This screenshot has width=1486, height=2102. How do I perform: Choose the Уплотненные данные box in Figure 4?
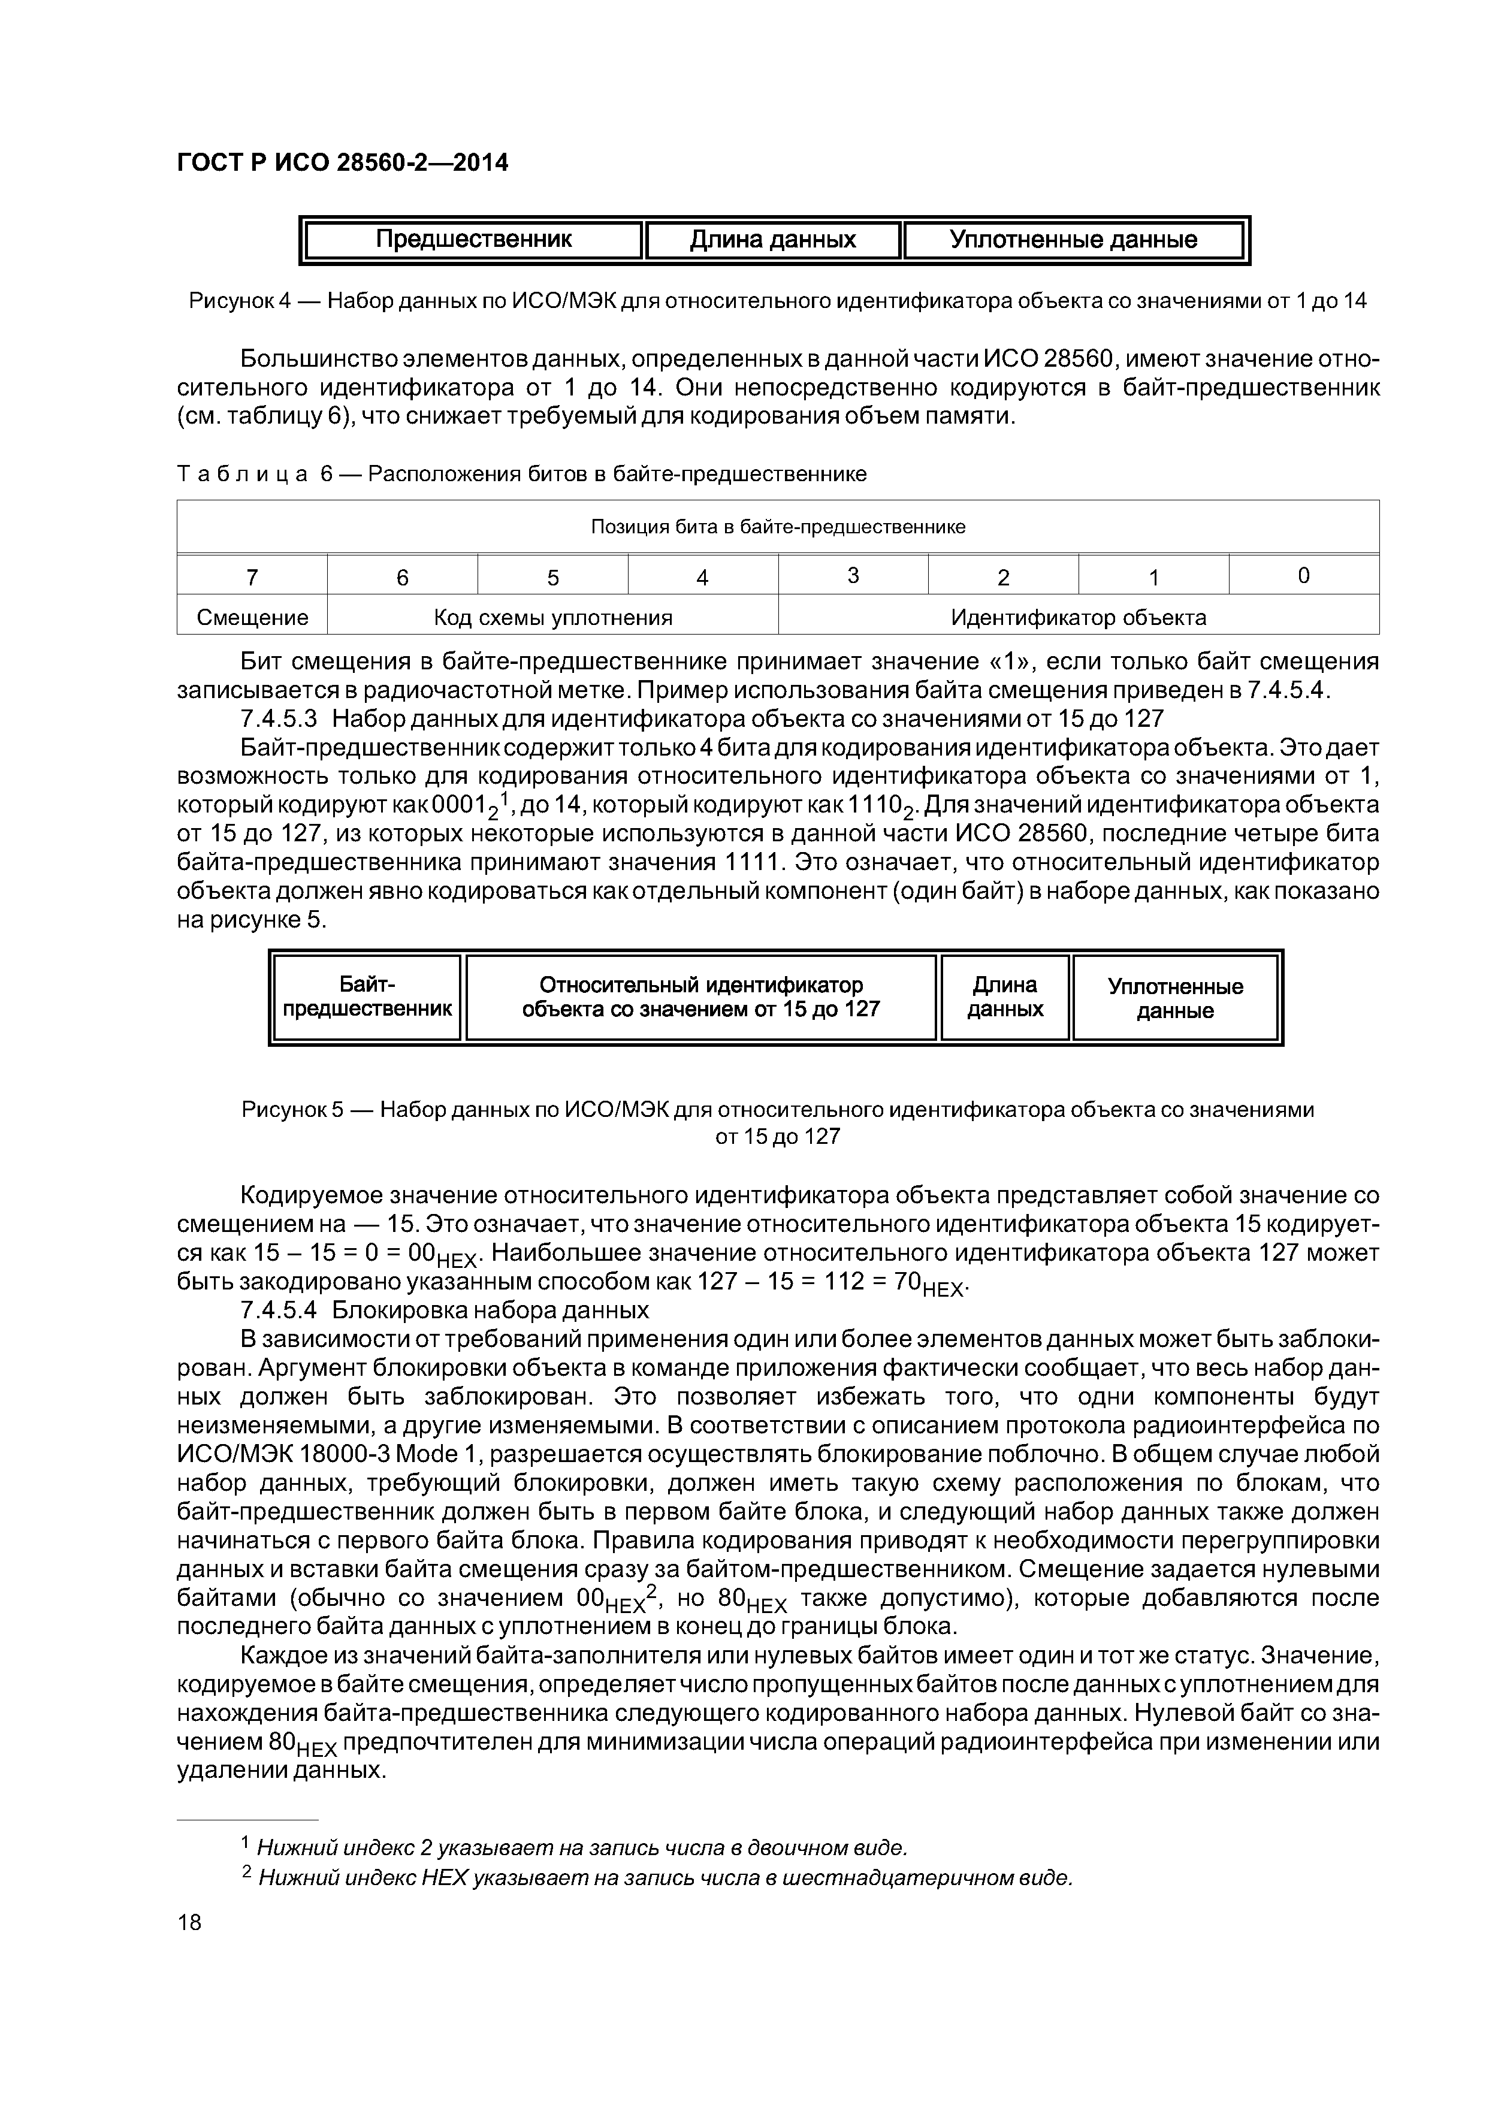(1073, 240)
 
